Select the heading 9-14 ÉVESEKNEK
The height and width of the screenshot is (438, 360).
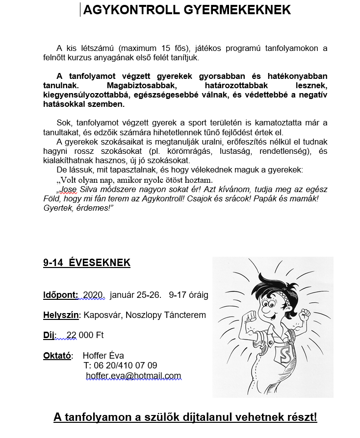coord(87,263)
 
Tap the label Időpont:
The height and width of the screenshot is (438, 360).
coord(60,295)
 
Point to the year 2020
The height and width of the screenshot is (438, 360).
coord(94,295)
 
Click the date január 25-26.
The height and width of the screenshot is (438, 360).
coord(135,295)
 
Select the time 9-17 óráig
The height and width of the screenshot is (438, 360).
coord(188,295)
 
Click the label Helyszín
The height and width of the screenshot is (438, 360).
coord(61,315)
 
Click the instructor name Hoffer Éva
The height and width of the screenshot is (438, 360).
coord(103,355)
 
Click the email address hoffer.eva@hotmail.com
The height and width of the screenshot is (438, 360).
coord(133,376)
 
